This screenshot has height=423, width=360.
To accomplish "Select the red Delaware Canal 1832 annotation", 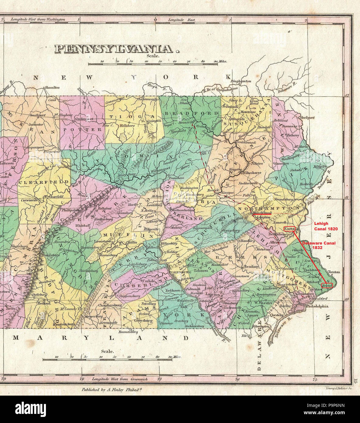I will coord(319,245).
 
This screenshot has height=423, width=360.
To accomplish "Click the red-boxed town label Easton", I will coord(289,229).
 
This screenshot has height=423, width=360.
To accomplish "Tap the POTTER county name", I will coord(83,129).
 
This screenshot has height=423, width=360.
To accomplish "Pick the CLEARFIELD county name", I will coord(44,182).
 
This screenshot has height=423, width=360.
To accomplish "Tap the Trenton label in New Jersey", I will coord(334,272).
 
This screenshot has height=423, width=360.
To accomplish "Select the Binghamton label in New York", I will coord(241,81).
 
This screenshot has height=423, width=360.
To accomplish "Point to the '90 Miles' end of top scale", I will coord(220,61).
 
